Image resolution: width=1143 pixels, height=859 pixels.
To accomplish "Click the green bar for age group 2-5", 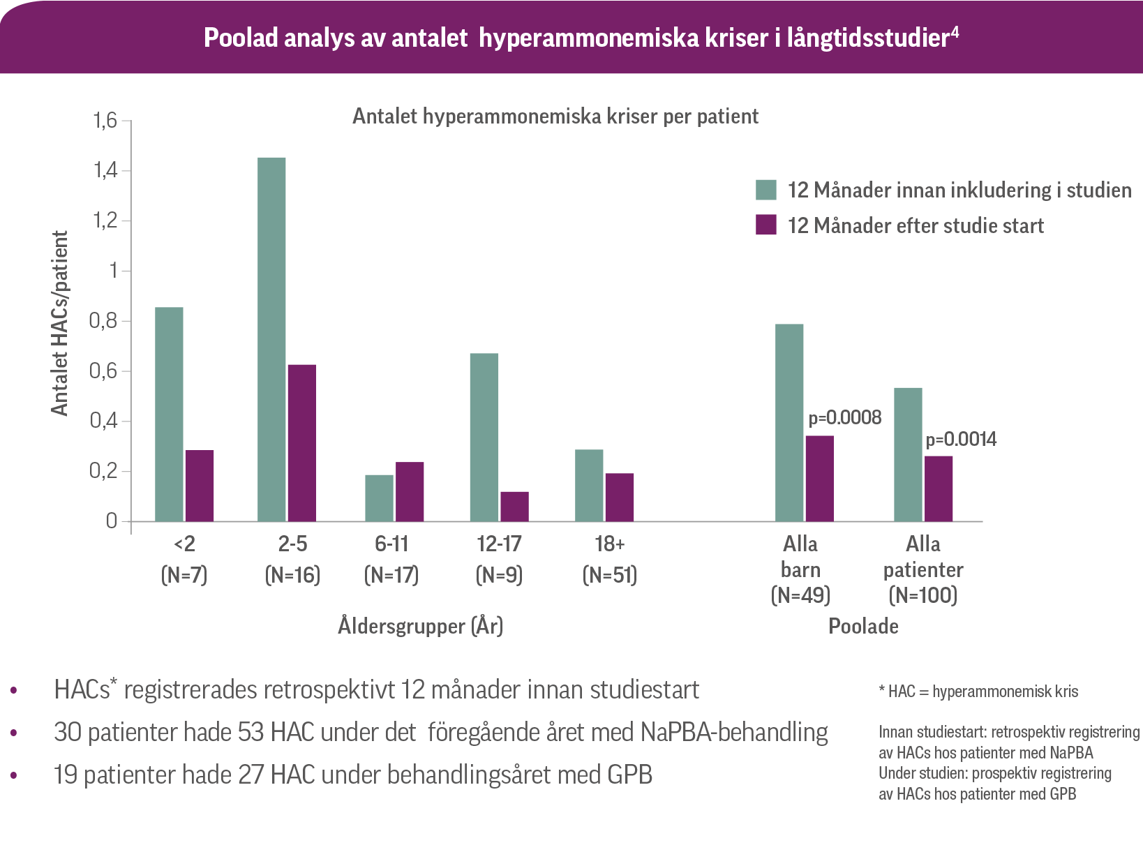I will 271,339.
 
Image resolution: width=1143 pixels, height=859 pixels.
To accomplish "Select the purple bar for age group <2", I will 200,486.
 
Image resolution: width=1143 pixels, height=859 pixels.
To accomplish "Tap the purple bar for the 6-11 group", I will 410,491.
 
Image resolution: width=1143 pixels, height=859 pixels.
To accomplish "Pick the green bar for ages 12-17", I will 484,438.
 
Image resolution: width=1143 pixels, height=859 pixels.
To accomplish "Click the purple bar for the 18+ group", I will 620,498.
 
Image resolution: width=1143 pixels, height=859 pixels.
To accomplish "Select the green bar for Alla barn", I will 789,423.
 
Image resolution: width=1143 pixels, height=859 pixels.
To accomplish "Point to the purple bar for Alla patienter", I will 939,488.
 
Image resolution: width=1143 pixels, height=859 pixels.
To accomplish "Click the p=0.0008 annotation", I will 845,418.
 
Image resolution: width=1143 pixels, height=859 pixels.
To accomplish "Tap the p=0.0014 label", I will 961,440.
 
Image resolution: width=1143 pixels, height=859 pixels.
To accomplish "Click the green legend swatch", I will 766,190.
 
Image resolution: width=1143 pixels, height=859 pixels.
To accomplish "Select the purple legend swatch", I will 766,225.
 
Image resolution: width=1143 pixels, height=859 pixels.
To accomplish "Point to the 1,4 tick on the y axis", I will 106,171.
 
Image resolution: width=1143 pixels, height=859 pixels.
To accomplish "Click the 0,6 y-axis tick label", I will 105,371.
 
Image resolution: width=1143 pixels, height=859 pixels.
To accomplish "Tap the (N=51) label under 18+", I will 610,575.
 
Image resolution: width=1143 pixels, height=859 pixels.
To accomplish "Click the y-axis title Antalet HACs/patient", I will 61,323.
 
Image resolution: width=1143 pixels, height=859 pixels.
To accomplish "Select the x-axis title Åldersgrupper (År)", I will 421,626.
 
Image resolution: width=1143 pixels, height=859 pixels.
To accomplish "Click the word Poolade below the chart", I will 863,626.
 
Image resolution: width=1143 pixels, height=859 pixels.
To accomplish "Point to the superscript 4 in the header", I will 955,32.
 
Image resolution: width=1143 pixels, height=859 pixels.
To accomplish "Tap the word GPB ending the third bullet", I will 630,775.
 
